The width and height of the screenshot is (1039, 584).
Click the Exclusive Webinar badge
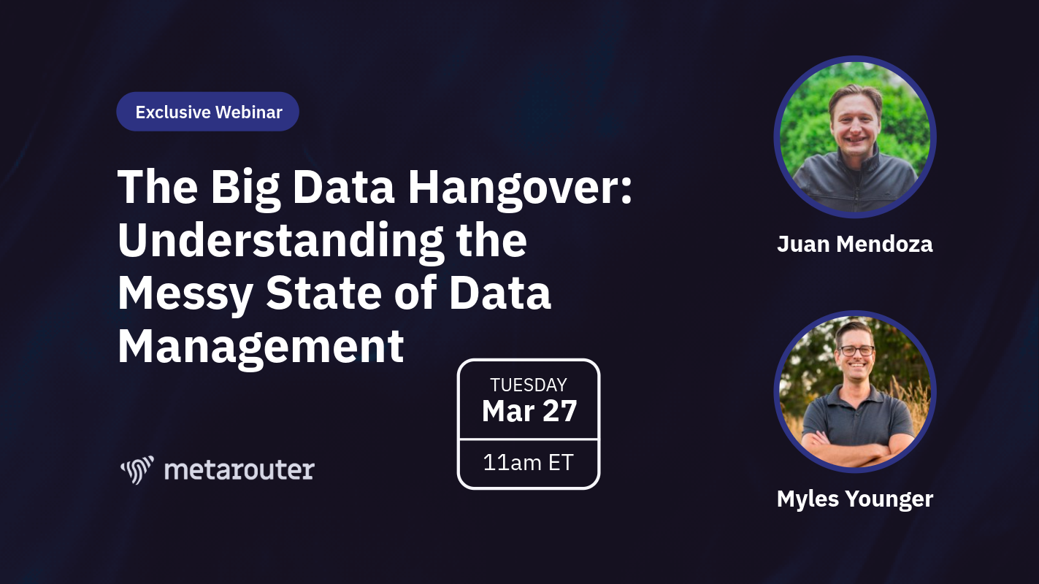point(207,112)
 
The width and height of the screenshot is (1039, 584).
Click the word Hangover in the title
point(520,188)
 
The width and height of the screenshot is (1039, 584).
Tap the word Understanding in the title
point(280,241)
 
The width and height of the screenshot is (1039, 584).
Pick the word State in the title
point(323,293)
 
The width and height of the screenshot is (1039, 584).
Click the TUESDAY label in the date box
point(529,385)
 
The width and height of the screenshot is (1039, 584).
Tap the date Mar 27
point(529,411)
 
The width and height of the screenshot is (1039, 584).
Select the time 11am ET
point(529,463)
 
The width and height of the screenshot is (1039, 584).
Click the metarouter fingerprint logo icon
point(137,470)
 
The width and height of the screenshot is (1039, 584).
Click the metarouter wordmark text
point(239,470)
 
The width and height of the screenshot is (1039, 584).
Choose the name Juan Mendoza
point(855,245)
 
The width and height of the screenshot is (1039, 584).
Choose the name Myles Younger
point(855,499)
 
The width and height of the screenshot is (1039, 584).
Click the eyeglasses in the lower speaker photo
point(856,350)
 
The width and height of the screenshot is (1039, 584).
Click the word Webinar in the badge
point(249,112)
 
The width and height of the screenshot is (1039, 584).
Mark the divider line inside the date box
point(529,439)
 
